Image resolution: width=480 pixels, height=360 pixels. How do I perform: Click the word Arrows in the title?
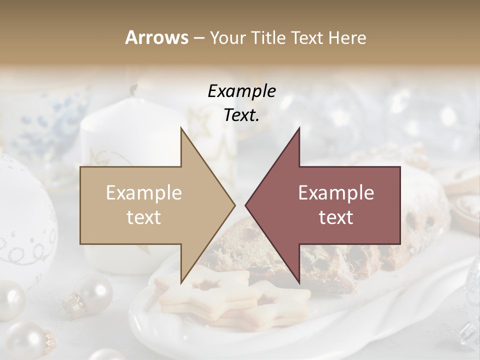click(x=156, y=37)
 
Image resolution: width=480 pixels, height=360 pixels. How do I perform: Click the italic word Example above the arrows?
click(x=241, y=91)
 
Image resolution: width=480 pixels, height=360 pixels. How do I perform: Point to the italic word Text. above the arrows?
click(x=241, y=115)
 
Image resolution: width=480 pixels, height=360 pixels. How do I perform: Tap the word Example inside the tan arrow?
click(x=144, y=192)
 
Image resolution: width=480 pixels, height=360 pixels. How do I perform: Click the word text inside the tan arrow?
click(x=144, y=217)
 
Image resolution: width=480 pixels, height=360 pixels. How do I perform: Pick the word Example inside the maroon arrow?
click(x=336, y=192)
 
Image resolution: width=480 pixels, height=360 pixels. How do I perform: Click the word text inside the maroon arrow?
click(x=336, y=217)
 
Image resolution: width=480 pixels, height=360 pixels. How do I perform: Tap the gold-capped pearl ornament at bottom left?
click(x=92, y=295)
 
